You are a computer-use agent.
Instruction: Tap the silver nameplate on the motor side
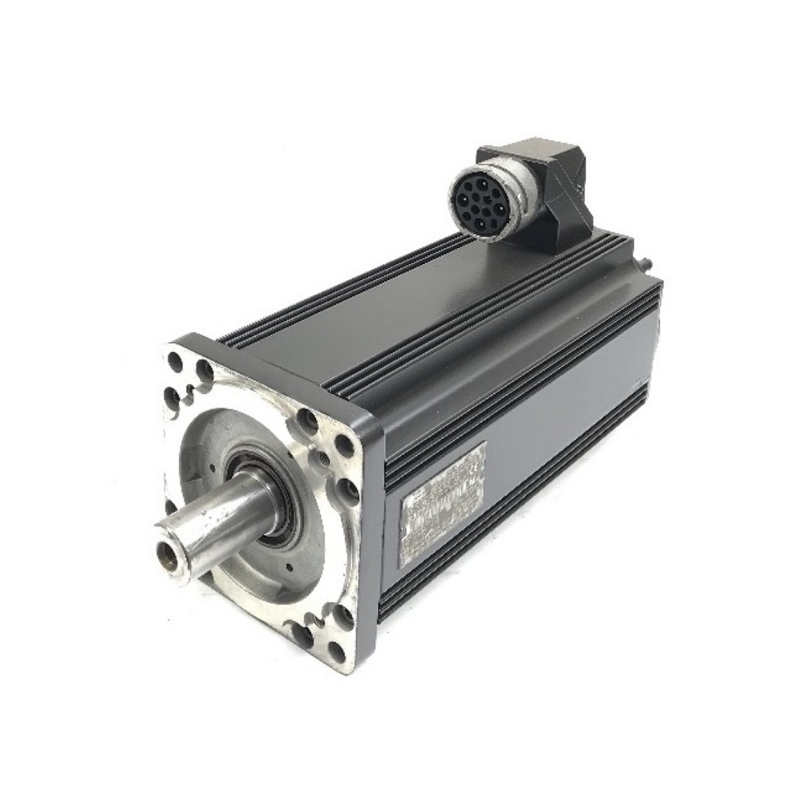tap(442, 503)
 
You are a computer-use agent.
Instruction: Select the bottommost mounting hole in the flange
tap(337, 651)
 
